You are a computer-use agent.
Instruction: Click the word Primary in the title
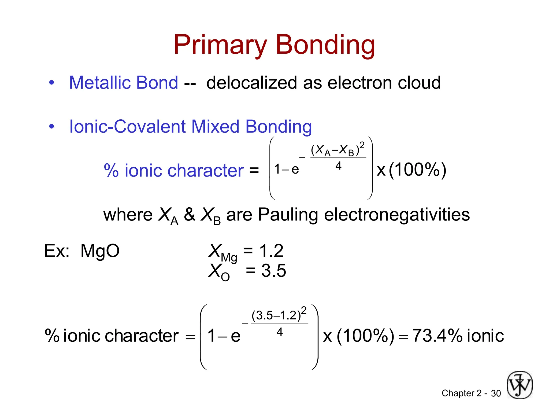(220, 45)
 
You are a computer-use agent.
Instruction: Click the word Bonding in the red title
(325, 45)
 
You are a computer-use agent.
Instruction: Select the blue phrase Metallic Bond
(123, 83)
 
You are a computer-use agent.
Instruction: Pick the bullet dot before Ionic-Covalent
(52, 126)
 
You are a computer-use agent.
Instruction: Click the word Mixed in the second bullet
(215, 126)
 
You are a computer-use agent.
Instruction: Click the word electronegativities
(397, 215)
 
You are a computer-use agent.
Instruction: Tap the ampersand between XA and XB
(190, 215)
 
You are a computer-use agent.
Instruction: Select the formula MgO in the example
(100, 251)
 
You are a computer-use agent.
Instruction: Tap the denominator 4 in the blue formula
(338, 166)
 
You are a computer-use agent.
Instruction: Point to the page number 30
(496, 393)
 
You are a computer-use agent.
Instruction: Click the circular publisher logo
(519, 385)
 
